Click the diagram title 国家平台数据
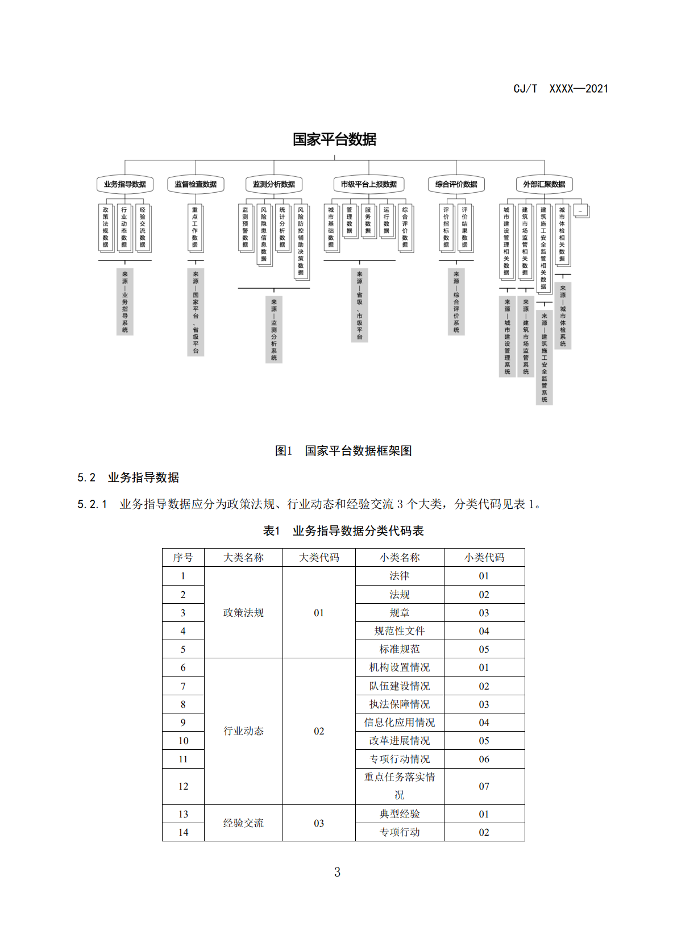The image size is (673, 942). click(334, 139)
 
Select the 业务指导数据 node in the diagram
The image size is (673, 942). click(124, 184)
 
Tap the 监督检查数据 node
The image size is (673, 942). click(196, 184)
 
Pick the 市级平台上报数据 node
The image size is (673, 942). click(368, 184)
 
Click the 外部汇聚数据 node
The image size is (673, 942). click(544, 184)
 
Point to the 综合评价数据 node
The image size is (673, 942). click(456, 184)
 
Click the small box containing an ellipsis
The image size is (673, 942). click(580, 211)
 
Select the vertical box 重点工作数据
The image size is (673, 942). click(195, 227)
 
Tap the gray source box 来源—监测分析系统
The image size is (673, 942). click(273, 329)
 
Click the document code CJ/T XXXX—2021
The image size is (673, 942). click(560, 89)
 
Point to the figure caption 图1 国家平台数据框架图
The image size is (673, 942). click(343, 451)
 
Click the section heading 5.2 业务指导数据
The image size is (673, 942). click(128, 478)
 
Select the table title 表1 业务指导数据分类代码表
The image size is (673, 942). click(343, 531)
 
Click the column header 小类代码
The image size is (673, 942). click(484, 558)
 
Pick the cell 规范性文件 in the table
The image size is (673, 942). click(399, 631)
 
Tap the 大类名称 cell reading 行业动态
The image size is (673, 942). click(243, 731)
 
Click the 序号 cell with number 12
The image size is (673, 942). click(183, 786)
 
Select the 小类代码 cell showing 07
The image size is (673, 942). click(484, 786)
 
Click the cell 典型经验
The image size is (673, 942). click(399, 814)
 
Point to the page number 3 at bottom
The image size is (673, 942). click(337, 872)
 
